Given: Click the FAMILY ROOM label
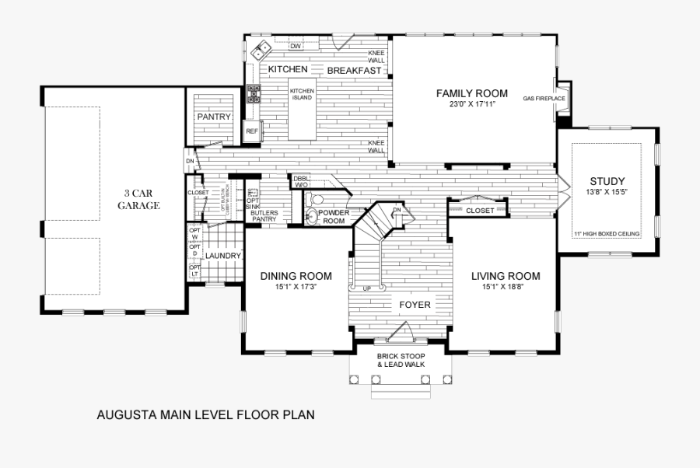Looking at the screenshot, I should pos(471,93).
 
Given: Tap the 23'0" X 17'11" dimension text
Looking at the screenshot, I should pos(471,103).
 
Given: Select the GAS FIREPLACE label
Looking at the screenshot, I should pos(538,99).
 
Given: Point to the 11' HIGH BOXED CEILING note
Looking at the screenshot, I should pos(606,233).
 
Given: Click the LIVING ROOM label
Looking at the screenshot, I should pos(506,276).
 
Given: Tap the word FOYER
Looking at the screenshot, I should pos(415,305).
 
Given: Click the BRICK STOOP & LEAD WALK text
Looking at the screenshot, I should pos(401,360).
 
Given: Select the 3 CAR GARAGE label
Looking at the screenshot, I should pos(139,200).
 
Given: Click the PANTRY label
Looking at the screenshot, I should pos(214,117).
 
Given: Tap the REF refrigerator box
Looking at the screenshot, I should pos(251,131).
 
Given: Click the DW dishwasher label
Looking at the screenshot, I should pos(296,47).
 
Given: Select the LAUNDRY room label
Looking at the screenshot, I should pos(223,256).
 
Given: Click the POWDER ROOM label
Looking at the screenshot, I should pos(334,216).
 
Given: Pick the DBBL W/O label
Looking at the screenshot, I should pos(301,182).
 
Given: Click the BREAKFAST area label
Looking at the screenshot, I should pos(354,71).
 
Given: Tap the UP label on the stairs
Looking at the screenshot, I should pos(366,289).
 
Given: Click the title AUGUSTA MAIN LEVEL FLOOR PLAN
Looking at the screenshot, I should pos(205,414).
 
